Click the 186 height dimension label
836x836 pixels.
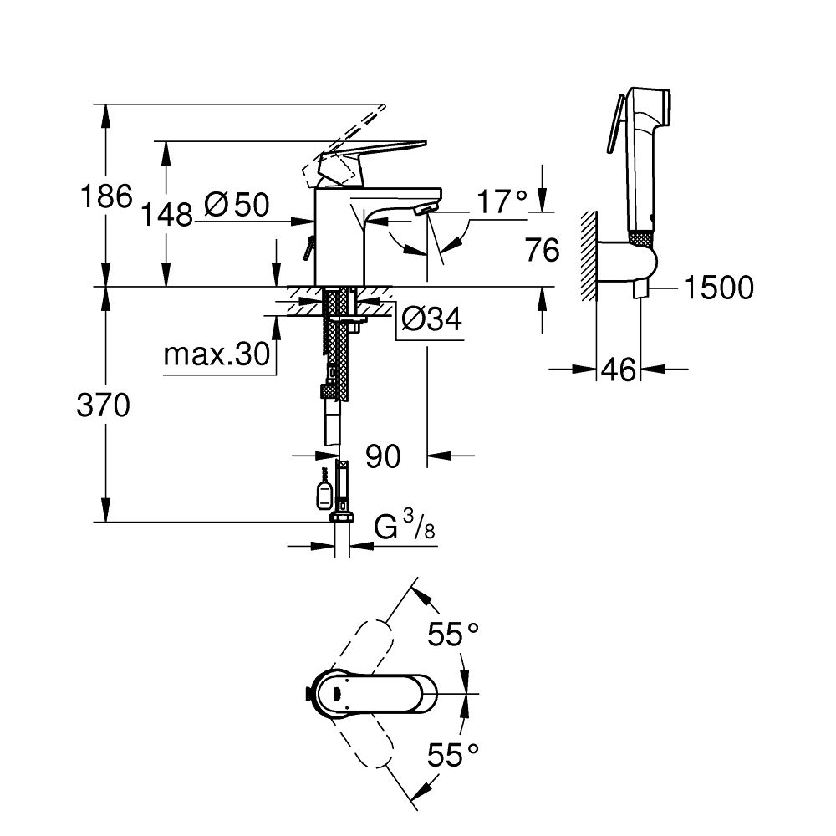pos(105,197)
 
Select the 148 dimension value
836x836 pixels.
pos(165,216)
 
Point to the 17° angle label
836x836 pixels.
pos(503,201)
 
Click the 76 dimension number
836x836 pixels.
pos(541,249)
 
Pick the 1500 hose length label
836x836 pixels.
pos(718,288)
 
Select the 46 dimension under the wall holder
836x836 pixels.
pos(619,370)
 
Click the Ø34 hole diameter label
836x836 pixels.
pos(431,319)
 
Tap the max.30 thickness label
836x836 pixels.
pos(217,356)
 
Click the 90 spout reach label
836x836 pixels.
pos(383,456)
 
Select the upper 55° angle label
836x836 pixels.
pos(455,635)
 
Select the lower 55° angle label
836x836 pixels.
pos(455,757)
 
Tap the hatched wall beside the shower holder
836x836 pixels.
pos(589,255)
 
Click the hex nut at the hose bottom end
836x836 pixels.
pos(342,517)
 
